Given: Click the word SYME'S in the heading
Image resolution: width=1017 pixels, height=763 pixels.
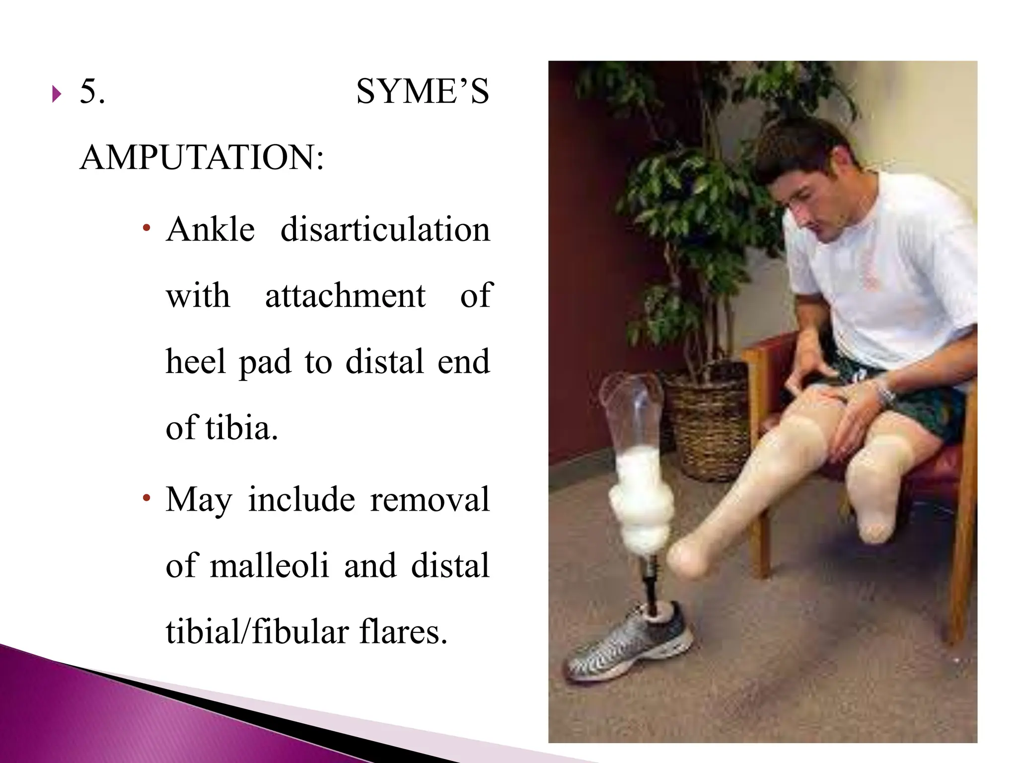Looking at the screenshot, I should tap(423, 92).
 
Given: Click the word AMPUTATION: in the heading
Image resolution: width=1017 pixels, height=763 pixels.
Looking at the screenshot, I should tap(202, 158).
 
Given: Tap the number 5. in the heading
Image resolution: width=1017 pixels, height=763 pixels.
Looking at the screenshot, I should tap(92, 92).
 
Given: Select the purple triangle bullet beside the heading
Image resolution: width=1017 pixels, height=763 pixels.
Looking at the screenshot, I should tap(57, 93).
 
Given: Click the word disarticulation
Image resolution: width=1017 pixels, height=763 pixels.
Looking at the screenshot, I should tap(385, 230).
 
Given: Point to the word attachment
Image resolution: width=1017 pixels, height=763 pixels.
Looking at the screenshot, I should tap(345, 296).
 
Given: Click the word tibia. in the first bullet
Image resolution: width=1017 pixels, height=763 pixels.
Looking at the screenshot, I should tap(241, 428).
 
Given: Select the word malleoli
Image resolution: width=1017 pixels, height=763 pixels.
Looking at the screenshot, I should tap(270, 566).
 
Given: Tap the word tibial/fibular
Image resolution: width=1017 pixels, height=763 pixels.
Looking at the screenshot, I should tap(257, 632).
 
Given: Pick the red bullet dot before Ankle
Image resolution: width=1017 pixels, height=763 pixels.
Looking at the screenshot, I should tap(146, 229).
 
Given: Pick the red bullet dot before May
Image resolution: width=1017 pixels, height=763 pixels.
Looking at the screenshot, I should tap(146, 498).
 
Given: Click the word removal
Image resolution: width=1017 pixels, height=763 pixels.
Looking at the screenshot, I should tap(430, 500).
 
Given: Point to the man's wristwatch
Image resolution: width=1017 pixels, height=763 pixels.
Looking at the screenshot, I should tap(884, 393).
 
